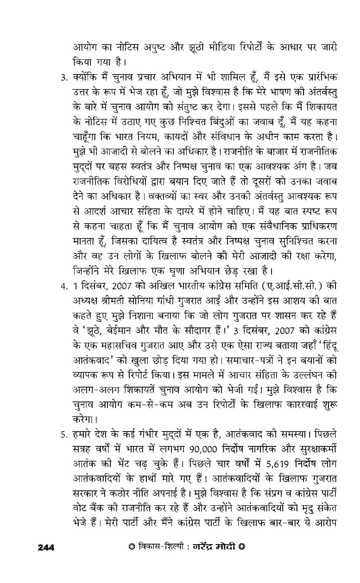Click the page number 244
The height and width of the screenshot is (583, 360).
click(46, 548)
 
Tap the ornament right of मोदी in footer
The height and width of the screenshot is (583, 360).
click(241, 547)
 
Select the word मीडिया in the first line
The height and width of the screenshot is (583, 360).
click(224, 47)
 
